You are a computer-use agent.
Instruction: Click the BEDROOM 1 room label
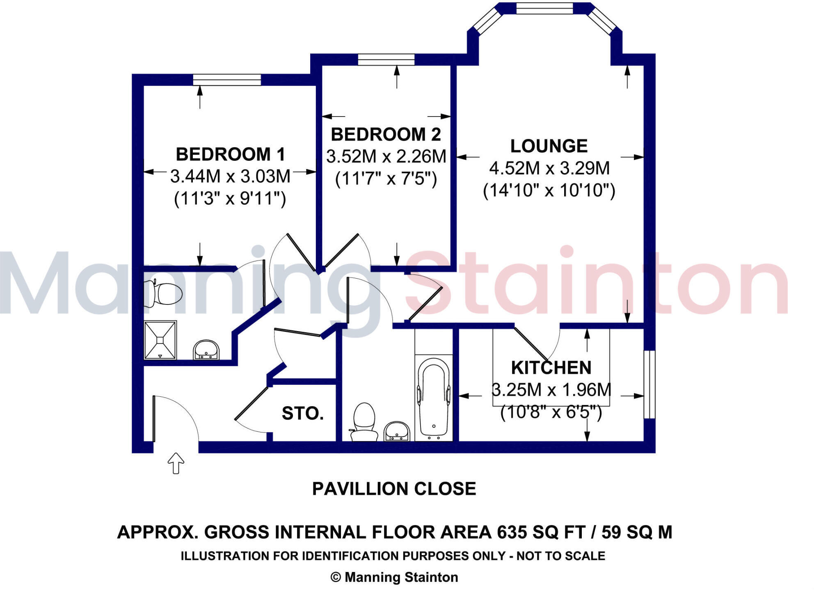[x=230, y=155]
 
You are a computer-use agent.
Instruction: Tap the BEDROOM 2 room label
[x=386, y=135]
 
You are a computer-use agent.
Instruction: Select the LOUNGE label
[x=549, y=146]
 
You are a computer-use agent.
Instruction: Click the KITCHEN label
[x=551, y=368]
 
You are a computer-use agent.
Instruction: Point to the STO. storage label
[x=303, y=414]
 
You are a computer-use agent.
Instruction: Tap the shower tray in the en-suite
[x=160, y=340]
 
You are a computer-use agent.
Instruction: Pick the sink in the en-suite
[x=206, y=350]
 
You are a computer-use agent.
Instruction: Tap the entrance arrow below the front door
[x=176, y=463]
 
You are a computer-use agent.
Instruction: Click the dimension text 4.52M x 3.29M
[x=549, y=168]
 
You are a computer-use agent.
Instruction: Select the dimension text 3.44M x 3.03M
[x=230, y=177]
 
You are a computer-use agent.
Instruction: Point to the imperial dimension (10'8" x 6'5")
[x=551, y=412]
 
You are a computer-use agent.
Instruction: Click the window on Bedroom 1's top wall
[x=227, y=80]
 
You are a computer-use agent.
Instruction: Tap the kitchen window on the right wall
[x=649, y=384]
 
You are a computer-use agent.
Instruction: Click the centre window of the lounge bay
[x=544, y=8]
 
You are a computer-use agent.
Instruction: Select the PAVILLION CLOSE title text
[x=394, y=489]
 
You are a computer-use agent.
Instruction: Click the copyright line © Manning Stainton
[x=394, y=577]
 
